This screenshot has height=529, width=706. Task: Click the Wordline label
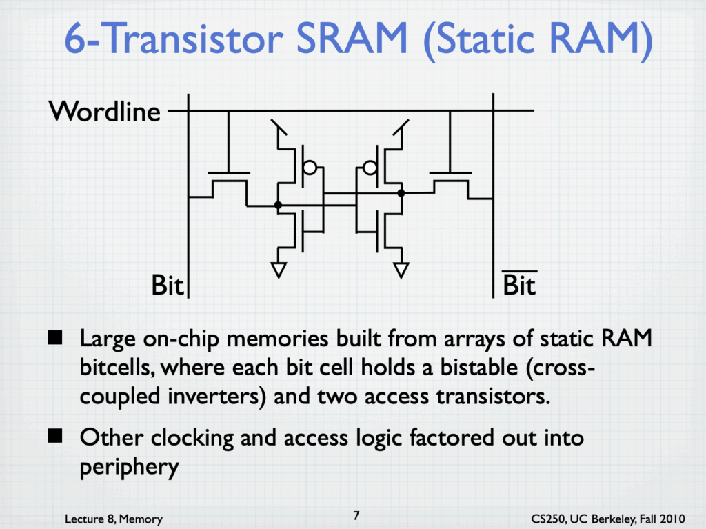click(105, 111)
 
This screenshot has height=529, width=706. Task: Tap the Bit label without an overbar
click(168, 286)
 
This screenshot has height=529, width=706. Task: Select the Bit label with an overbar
click(519, 284)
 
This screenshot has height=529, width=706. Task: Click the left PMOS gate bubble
click(310, 168)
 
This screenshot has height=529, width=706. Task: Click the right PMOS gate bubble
click(370, 168)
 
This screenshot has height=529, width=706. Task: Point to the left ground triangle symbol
click(279, 270)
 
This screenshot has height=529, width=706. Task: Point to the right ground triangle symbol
click(401, 270)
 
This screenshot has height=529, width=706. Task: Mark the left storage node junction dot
click(279, 206)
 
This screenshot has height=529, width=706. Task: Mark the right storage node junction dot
click(401, 193)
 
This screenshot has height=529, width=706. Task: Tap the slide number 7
click(356, 515)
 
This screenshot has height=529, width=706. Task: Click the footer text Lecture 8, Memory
click(114, 519)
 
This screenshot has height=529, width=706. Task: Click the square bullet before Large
click(55, 337)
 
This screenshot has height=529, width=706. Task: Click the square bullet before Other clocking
click(55, 436)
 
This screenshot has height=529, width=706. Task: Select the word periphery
click(129, 467)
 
